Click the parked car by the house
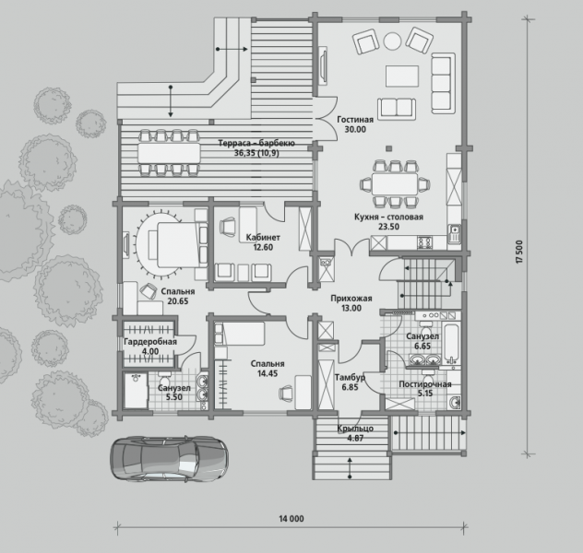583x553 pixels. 169,459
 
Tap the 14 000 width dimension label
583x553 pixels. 291,519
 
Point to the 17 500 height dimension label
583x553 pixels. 519,252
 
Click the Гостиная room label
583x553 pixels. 355,120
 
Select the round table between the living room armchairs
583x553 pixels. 392,41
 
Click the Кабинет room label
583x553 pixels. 263,237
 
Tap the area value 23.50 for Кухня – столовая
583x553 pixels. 388,227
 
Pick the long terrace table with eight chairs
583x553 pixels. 169,153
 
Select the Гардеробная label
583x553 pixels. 150,342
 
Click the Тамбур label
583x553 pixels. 350,378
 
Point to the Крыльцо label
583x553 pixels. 355,429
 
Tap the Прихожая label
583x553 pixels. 351,299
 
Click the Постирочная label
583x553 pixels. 425,384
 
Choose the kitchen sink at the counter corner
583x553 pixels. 454,234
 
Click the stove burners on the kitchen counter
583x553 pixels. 425,243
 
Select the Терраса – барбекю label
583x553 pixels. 256,144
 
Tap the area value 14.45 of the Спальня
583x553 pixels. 268,373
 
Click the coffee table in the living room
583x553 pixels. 402,76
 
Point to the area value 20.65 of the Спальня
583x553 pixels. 178,301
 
